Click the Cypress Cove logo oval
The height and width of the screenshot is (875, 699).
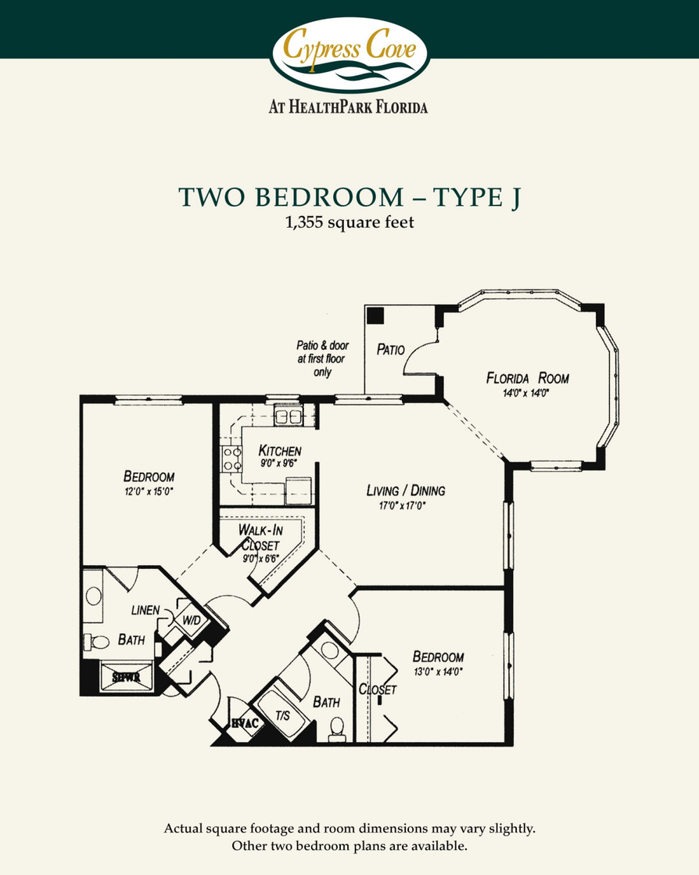coord(349,54)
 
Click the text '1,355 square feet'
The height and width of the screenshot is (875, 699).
coord(349,223)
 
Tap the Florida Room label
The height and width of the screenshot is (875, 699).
coord(528,379)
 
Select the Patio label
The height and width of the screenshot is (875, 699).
coord(390,349)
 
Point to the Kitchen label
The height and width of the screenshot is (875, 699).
coord(280,451)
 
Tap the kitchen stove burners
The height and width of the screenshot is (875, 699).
coord(231,458)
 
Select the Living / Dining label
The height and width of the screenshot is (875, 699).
coord(406,491)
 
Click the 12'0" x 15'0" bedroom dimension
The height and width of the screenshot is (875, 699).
coord(148,492)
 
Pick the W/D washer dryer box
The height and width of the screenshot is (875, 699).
coord(192,620)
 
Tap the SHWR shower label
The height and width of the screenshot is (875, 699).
coord(125,678)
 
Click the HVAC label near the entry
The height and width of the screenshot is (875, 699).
coord(244,724)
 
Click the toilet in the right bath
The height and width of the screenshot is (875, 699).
coord(337,729)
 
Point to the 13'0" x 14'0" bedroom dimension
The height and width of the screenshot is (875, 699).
coord(438,672)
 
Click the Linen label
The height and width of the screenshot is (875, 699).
coord(146,610)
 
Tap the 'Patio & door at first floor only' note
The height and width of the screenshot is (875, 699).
coord(321,358)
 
